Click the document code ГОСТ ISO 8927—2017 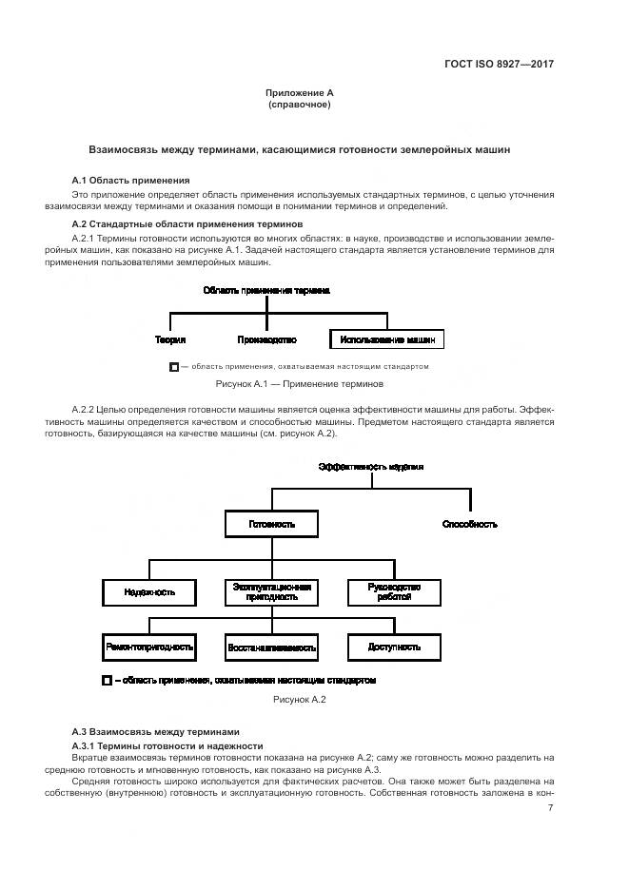(x=499, y=65)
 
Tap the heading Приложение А (x=300, y=93)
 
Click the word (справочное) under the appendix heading (x=300, y=105)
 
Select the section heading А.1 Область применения (x=131, y=180)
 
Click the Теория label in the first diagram (x=170, y=338)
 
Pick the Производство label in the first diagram (x=267, y=338)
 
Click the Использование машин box (x=387, y=338)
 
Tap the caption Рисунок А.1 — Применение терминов (x=301, y=384)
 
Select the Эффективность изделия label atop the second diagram (x=371, y=467)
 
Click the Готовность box (x=271, y=524)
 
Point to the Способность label (x=470, y=524)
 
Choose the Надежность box (x=149, y=591)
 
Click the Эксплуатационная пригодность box (x=271, y=591)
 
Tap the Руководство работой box (x=393, y=591)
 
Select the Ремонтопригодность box (x=149, y=647)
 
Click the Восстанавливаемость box (x=271, y=647)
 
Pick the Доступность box (x=393, y=647)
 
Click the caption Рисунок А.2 (x=300, y=700)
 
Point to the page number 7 (x=551, y=807)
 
